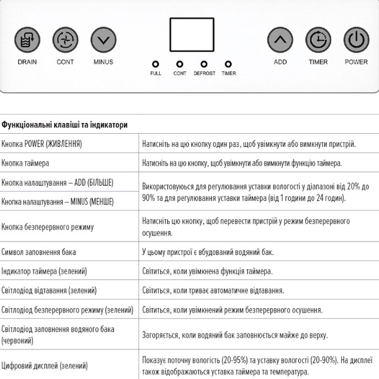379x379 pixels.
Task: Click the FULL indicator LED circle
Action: (x=155, y=64)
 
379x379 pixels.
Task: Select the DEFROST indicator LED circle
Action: (x=204, y=64)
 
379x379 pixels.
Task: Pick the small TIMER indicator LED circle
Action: (x=228, y=64)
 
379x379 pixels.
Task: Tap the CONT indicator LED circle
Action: (x=180, y=64)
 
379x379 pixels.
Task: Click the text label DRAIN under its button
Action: (x=27, y=62)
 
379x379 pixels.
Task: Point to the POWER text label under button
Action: (x=356, y=62)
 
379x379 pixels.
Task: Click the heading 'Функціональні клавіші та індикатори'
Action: (x=64, y=125)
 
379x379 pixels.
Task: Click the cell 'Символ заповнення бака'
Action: (x=38, y=252)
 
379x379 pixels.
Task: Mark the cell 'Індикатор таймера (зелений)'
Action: (x=44, y=271)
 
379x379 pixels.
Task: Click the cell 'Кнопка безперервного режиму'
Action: (x=48, y=227)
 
